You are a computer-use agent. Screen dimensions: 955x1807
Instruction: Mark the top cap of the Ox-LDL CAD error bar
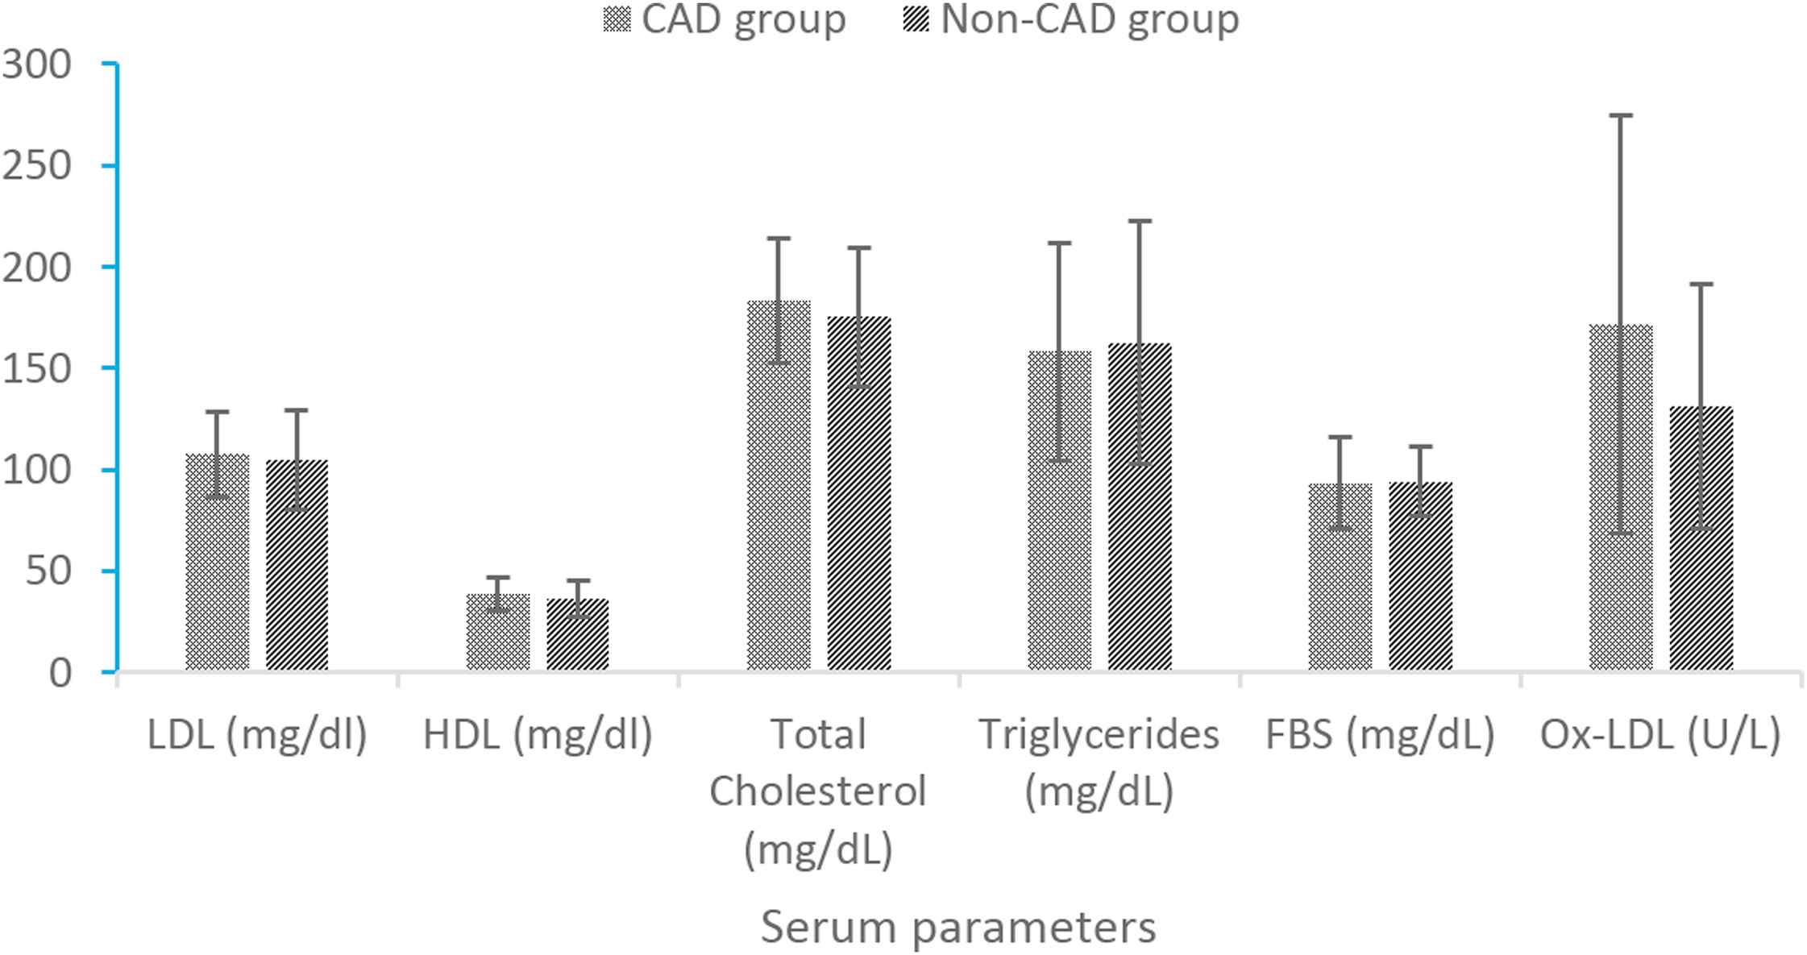(x=1621, y=115)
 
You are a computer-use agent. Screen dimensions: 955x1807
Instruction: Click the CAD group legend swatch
(x=617, y=19)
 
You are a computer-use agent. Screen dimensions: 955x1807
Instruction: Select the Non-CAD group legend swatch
(x=916, y=19)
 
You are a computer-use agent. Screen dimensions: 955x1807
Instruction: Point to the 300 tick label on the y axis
(x=37, y=64)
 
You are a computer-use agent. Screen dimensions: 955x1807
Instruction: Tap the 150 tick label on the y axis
(x=37, y=369)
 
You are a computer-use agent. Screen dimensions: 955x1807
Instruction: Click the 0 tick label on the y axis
(x=60, y=673)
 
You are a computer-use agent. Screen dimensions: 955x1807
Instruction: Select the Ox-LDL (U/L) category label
(x=1660, y=734)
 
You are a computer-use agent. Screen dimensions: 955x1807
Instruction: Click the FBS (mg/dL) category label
(x=1380, y=734)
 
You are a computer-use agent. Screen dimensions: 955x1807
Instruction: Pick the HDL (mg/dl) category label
(x=538, y=734)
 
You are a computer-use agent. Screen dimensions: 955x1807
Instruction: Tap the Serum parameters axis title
(x=958, y=927)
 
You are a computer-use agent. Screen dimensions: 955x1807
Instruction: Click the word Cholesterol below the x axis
(x=818, y=791)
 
